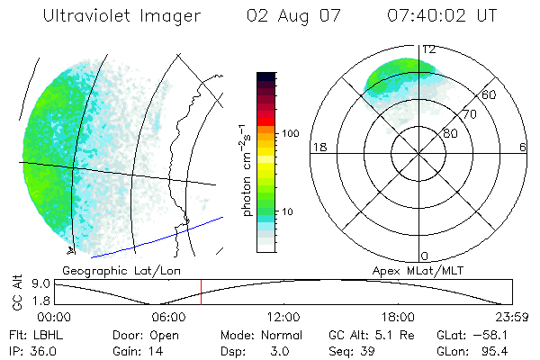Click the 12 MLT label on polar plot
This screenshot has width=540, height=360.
(x=429, y=49)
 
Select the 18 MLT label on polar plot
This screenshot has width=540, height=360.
(x=317, y=147)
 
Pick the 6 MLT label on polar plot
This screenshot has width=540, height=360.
(x=521, y=147)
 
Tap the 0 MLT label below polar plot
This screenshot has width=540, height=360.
(x=425, y=256)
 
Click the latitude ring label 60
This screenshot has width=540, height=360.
(x=490, y=94)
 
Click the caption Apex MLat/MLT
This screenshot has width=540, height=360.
(x=416, y=270)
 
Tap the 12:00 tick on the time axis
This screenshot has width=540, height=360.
(x=283, y=317)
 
